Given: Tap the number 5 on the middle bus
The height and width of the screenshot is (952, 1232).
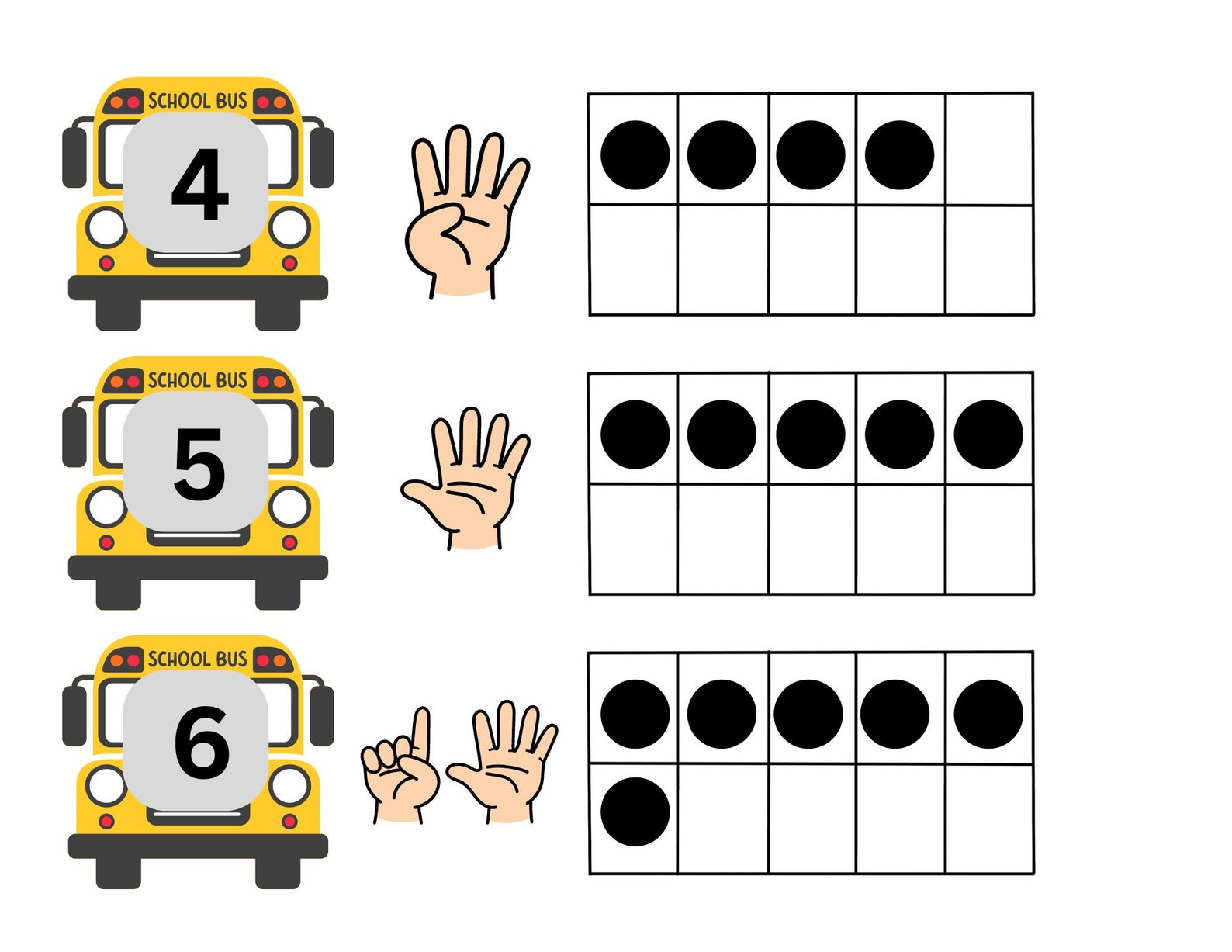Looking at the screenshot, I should pos(199,464).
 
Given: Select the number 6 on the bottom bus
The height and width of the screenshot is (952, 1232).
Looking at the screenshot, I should pos(201,743).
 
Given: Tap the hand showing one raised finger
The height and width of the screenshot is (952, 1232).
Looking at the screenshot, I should pos(400,764).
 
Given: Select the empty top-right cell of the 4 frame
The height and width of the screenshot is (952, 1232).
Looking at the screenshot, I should pos(989,149).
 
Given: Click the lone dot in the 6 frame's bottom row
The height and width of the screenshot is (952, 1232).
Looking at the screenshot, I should pos(635,812).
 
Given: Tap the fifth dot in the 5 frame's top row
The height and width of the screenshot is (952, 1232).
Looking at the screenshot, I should pos(988,434).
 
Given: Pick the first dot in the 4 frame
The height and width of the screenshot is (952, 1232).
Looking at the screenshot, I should pos(635,155).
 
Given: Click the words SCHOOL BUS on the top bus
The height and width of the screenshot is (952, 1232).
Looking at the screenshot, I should pos(197,101).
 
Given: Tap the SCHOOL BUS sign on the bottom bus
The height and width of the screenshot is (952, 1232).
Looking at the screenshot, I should pos(197,659).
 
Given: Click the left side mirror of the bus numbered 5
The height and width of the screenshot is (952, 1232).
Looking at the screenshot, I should pos(74,437).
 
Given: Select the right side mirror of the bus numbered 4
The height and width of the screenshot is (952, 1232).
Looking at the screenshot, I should pos(321,158).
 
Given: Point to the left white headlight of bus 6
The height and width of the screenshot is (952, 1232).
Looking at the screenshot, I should pos(106,785).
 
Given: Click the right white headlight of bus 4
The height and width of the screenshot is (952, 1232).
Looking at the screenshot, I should pos(289,227).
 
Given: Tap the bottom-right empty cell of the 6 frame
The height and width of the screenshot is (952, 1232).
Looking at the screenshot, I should pos(989,818).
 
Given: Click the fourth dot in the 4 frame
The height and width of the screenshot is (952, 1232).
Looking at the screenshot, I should pos(898,155).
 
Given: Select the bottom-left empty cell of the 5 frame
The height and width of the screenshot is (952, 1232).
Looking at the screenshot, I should pos(633,539).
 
